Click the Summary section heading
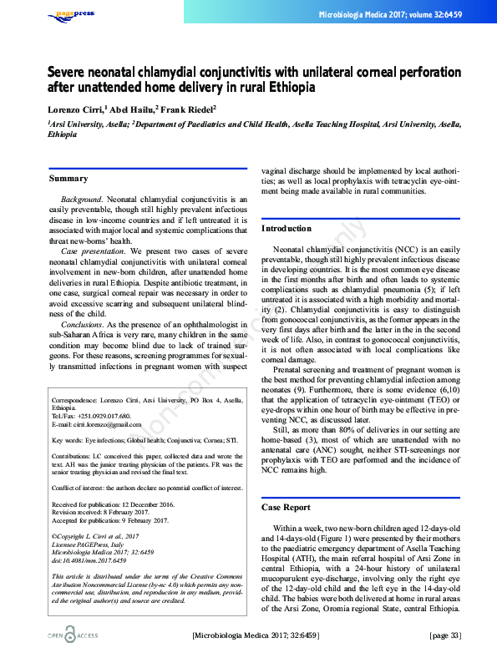coord(68,179)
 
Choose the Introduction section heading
coord(287,228)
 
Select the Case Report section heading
coord(286,507)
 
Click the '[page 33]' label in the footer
coord(444,636)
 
